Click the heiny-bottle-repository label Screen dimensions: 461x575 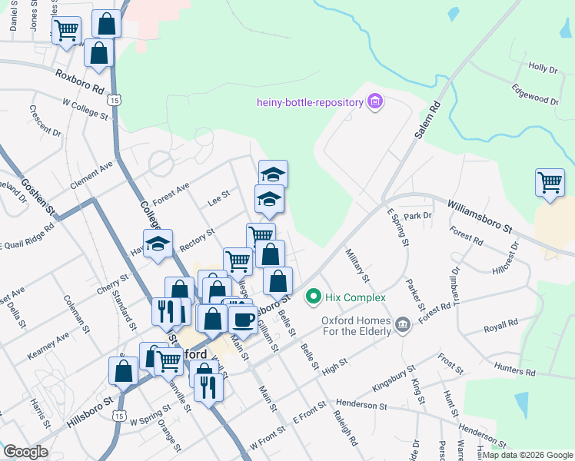[311, 103]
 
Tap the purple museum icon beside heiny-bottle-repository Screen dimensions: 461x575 [375, 102]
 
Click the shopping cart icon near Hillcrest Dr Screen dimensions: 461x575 [550, 183]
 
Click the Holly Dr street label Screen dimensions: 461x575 [543, 69]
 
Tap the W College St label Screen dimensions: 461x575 [85, 108]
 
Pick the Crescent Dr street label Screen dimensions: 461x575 [45, 121]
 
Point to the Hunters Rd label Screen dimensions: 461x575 [514, 370]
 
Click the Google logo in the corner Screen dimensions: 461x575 [26, 452]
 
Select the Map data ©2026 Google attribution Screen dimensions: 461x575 [527, 455]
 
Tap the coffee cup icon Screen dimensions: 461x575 [244, 319]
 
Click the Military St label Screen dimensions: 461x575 [357, 265]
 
